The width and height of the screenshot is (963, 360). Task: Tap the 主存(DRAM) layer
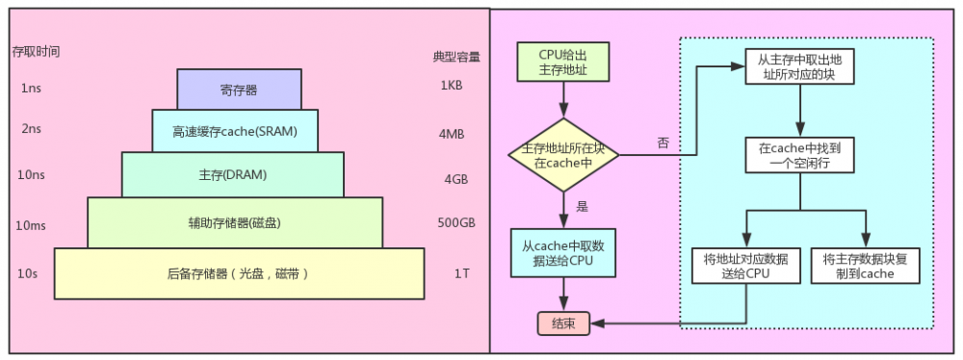pos(232,174)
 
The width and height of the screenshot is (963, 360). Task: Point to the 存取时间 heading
pos(36,51)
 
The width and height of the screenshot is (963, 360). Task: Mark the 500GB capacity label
pos(455,223)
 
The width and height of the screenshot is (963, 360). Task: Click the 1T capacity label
pos(461,273)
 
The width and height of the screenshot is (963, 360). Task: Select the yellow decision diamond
pos(565,155)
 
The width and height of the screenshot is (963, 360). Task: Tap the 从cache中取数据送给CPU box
pos(564,252)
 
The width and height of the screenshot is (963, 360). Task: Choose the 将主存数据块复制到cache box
pos(866,266)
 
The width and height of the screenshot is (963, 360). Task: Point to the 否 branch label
pos(663,142)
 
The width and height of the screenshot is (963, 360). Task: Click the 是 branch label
pos(582,205)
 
